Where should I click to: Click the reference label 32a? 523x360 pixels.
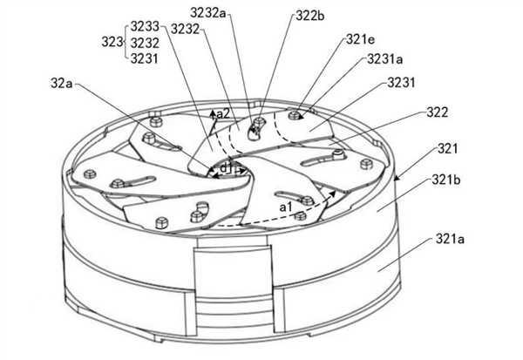[61, 84]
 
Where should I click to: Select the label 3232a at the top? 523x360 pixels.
[208, 13]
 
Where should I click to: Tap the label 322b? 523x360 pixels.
[310, 16]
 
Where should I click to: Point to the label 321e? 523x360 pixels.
[361, 39]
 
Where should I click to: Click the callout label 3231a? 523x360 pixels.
[385, 59]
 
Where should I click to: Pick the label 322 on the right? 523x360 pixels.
[438, 112]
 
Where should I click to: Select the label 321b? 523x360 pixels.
[446, 180]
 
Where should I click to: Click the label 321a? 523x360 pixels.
[450, 239]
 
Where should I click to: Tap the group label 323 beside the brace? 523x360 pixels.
[112, 43]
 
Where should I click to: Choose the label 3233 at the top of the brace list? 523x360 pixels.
[145, 26]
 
